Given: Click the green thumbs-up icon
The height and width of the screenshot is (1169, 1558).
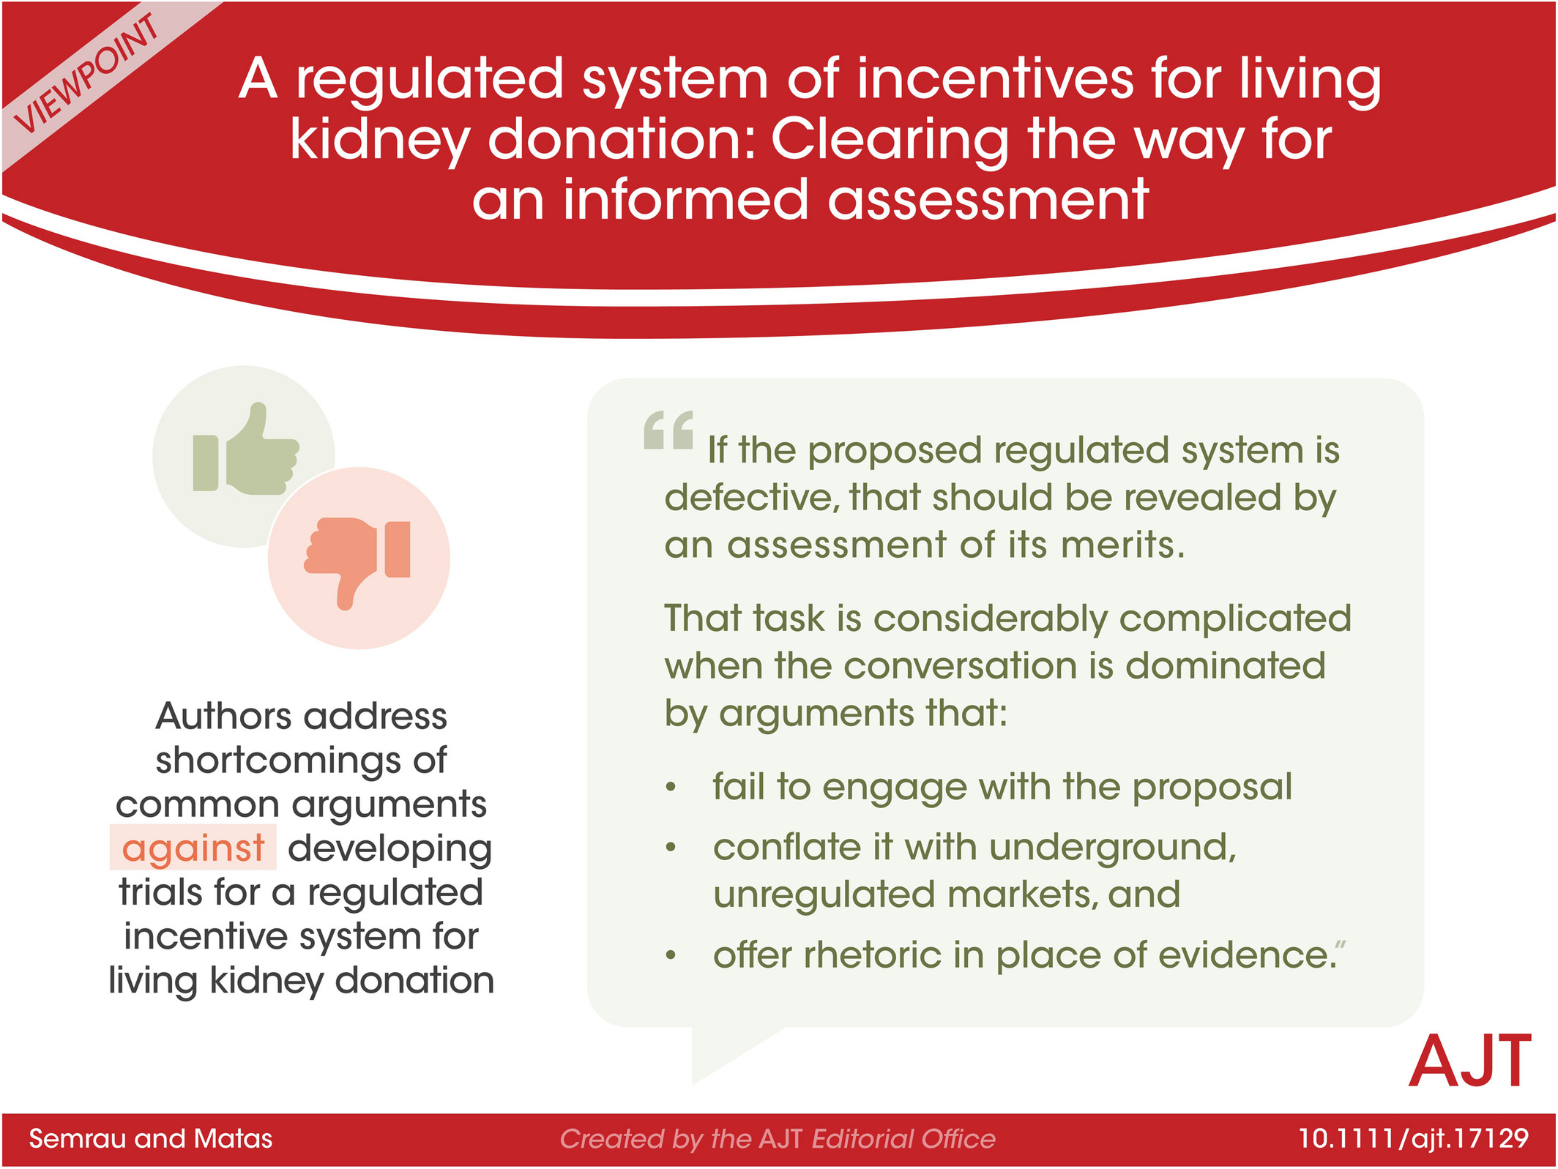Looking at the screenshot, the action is coord(246,449).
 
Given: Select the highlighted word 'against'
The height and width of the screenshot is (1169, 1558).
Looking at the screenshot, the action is coord(193,848).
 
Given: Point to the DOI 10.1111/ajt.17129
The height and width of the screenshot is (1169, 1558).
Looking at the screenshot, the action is coord(1414,1138).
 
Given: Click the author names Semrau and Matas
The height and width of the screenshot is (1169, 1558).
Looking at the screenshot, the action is coord(150,1138).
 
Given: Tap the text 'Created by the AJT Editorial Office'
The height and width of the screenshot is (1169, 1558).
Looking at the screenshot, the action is coord(778,1138).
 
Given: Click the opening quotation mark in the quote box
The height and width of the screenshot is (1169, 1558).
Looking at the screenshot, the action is coord(668,430).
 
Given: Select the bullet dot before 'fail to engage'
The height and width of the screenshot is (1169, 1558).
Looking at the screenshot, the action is coord(671,788).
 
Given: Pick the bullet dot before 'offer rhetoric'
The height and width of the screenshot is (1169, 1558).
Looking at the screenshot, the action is coord(671,956).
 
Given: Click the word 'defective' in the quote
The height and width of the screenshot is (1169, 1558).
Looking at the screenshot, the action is coord(752,498).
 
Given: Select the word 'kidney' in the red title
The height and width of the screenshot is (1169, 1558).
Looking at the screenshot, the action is coord(380,141).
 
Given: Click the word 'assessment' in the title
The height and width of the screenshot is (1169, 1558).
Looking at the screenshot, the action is coord(988,200).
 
